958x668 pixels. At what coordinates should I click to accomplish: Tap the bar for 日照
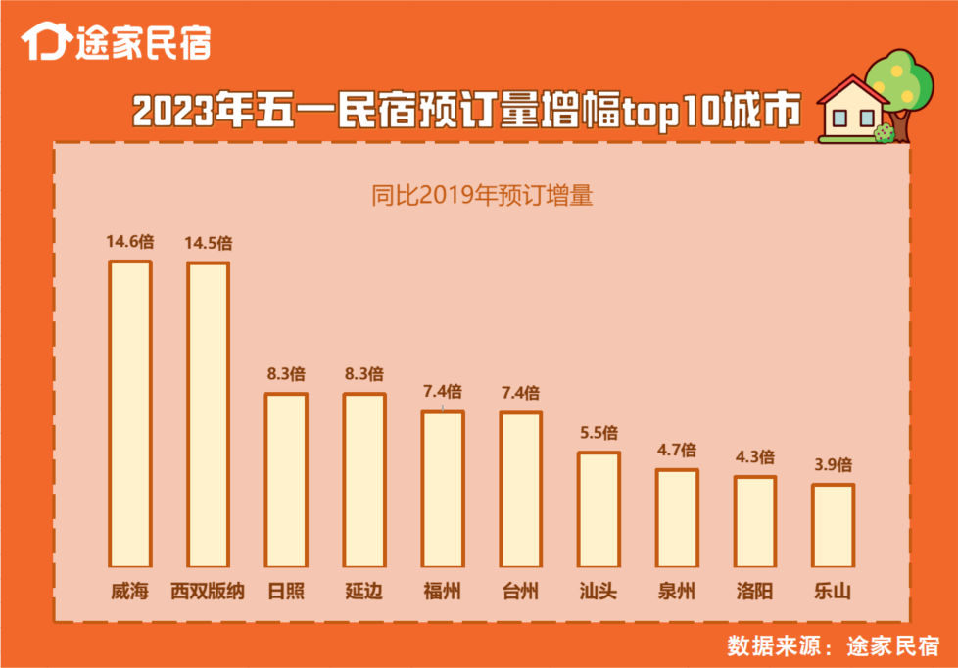point(286,480)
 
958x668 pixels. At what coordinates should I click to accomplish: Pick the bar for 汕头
point(599,509)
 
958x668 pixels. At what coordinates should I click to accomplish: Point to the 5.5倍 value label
point(599,432)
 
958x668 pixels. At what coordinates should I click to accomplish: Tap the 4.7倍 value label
point(677,450)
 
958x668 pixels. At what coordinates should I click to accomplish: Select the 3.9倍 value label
point(834,464)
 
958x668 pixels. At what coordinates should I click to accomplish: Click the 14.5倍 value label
point(209,242)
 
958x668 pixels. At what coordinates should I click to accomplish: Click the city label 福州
point(442,592)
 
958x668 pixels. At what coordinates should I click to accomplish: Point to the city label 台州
point(520,592)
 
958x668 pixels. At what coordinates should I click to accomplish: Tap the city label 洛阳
point(754,592)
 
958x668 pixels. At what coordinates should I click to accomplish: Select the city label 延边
point(363,592)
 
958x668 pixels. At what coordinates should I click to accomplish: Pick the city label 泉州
point(677,592)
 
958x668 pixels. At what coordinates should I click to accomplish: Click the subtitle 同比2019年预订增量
point(481,195)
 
